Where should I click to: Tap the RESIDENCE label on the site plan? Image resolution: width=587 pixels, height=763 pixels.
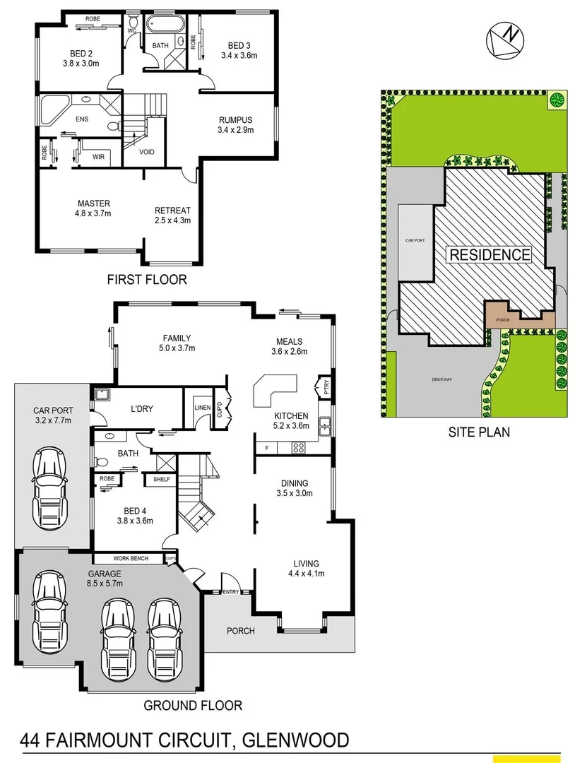tap(490, 255)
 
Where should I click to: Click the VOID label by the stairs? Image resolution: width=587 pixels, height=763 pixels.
tap(147, 152)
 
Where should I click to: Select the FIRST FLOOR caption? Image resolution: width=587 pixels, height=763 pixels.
tap(147, 280)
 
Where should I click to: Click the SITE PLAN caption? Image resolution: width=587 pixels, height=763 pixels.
tap(479, 431)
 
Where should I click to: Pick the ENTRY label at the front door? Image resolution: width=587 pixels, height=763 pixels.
tap(231, 592)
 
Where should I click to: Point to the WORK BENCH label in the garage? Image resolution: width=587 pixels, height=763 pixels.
tap(130, 559)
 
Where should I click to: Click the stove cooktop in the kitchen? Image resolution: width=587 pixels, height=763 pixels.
tap(299, 446)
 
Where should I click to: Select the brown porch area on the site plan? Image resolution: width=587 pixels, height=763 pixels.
tap(503, 318)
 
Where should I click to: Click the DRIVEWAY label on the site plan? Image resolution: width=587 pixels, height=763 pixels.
tap(441, 380)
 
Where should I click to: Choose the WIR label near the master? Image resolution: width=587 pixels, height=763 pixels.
tap(99, 157)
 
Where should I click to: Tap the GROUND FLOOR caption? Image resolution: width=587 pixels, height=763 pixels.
tap(193, 704)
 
